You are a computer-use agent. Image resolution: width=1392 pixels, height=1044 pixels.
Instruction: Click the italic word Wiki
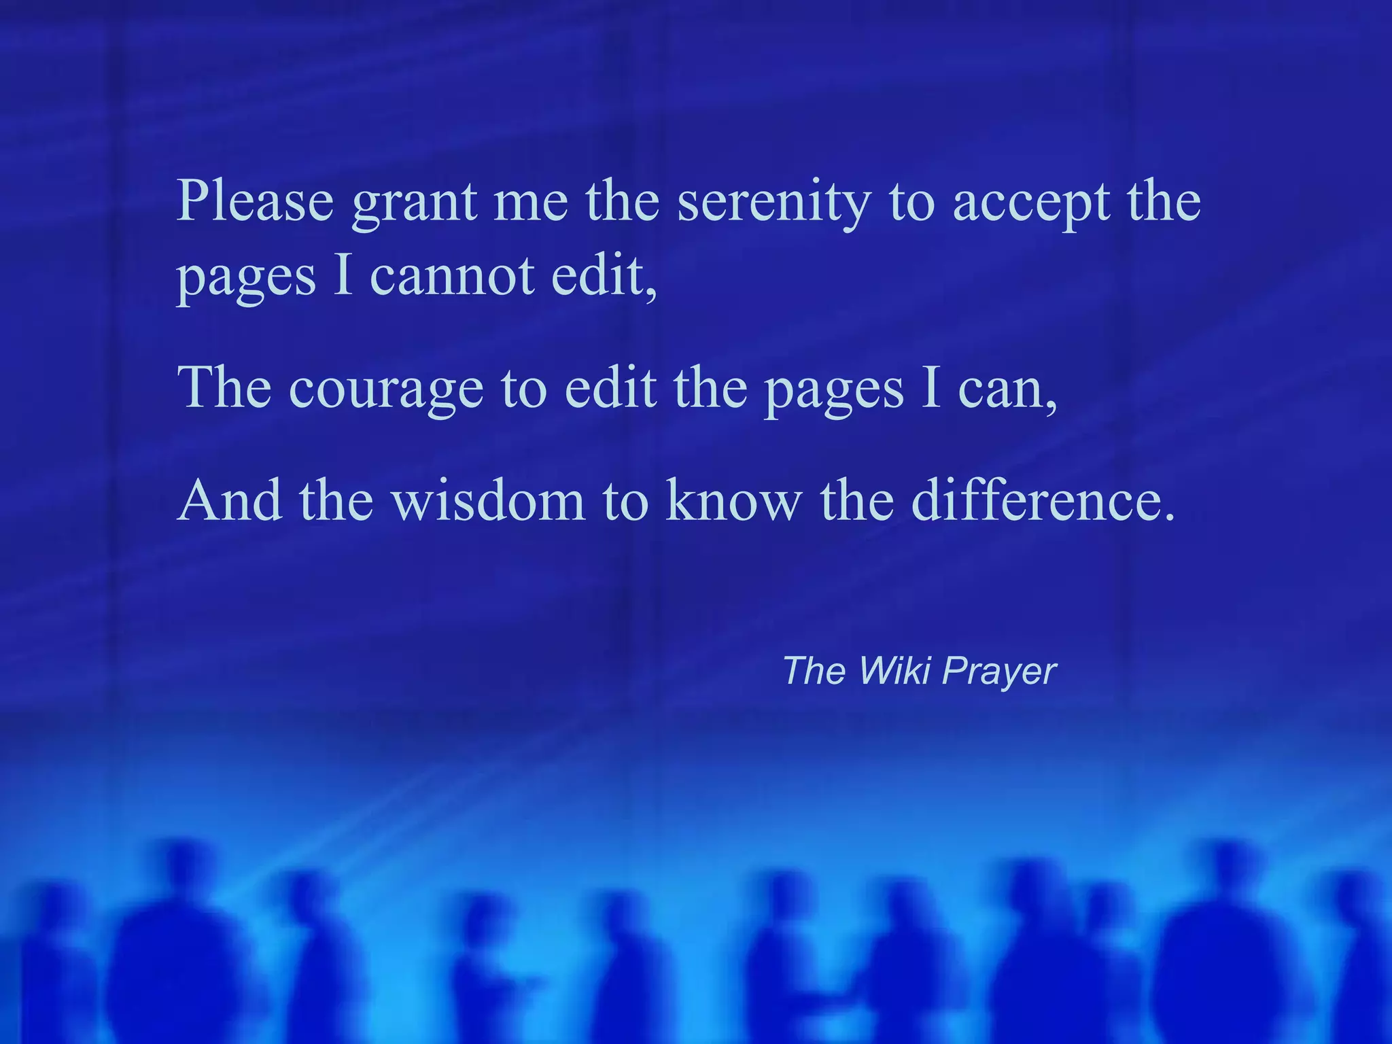tap(894, 671)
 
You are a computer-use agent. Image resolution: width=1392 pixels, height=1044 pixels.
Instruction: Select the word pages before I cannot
tap(246, 279)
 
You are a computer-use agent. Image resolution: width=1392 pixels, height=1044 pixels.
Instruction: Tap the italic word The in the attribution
tap(813, 671)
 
